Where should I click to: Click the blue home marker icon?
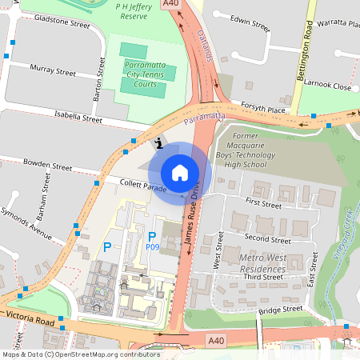point(180,172)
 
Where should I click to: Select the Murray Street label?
point(53,72)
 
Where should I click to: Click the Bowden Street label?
point(47,166)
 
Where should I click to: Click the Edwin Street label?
point(250,22)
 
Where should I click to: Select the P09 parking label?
point(152,248)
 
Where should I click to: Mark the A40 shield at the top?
point(170,4)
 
